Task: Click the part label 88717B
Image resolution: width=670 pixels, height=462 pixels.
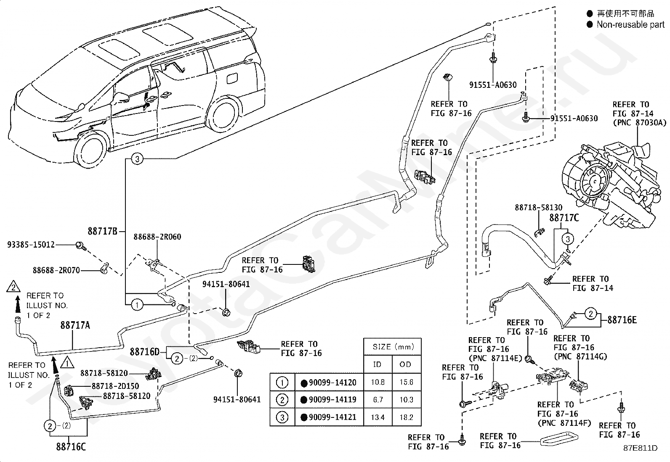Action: click(102, 231)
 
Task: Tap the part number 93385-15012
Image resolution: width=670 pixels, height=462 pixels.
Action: click(31, 245)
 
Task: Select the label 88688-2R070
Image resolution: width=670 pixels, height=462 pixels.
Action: click(56, 270)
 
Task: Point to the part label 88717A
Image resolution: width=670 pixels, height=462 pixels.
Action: click(75, 325)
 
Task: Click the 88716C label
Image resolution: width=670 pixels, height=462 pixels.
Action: click(71, 447)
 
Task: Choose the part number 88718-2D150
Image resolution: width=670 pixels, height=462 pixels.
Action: click(115, 386)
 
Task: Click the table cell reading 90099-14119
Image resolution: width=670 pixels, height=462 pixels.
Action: click(332, 400)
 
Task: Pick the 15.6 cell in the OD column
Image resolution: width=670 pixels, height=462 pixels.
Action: click(406, 382)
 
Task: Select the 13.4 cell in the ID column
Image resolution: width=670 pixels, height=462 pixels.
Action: click(378, 417)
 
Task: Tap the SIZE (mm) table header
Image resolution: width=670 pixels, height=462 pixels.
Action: click(393, 347)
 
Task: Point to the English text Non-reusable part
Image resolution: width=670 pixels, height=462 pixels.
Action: click(630, 24)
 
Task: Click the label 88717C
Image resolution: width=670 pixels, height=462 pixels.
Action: click(564, 218)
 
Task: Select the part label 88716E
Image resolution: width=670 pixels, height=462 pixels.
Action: click(622, 320)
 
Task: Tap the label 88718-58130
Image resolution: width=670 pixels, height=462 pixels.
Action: click(538, 207)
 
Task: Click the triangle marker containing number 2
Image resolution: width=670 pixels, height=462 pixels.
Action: click(13, 287)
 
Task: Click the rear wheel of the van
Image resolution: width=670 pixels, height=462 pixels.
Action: click(224, 113)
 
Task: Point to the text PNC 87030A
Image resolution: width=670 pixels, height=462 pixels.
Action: click(640, 122)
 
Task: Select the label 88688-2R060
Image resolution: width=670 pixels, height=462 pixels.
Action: click(157, 237)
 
